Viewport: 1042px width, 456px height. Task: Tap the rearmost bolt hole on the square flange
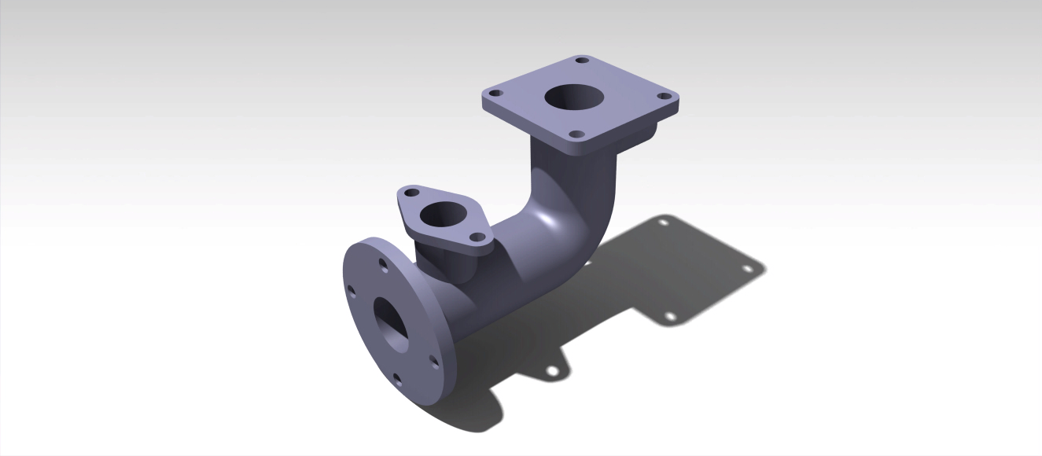[x=582, y=60]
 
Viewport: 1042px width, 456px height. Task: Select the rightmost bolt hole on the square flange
[x=664, y=96]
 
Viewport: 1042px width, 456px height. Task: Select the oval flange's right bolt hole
[x=477, y=237]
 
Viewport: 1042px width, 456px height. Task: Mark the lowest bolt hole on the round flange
[x=397, y=380]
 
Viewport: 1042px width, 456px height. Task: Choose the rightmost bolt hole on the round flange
[x=433, y=362]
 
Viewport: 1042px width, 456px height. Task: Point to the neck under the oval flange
[x=448, y=263]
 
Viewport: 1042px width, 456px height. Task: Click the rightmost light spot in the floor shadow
[x=746, y=268]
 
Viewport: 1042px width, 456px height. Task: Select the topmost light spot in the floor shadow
[x=663, y=222]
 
